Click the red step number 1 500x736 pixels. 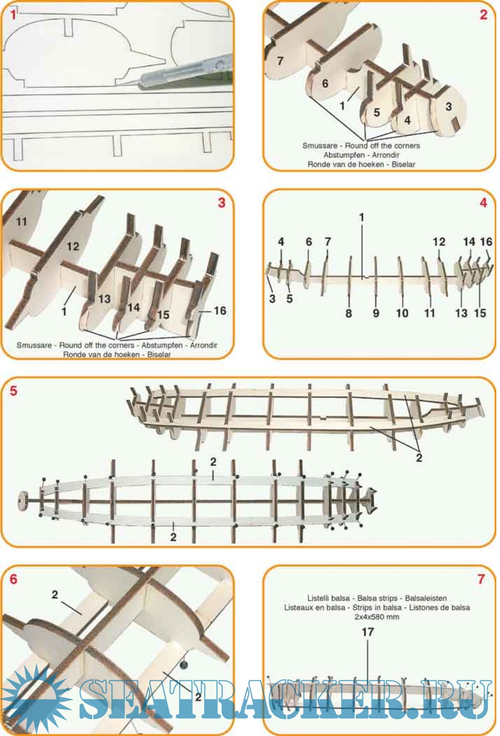pyautogui.click(x=13, y=15)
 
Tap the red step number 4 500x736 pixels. pyautogui.click(x=483, y=203)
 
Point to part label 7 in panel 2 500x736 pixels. pyautogui.click(x=280, y=61)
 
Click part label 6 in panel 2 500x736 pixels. pyautogui.click(x=325, y=83)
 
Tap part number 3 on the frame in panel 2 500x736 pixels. pyautogui.click(x=449, y=107)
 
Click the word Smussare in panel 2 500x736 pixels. pyautogui.click(x=320, y=145)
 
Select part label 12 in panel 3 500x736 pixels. pyautogui.click(x=73, y=246)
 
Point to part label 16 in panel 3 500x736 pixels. pyautogui.click(x=220, y=310)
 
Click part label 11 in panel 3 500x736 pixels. pyautogui.click(x=21, y=222)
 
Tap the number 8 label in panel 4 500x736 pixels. pyautogui.click(x=349, y=313)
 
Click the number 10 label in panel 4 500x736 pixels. pyautogui.click(x=402, y=313)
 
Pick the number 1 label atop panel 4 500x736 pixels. pyautogui.click(x=362, y=217)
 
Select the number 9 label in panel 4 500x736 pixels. pyautogui.click(x=376, y=313)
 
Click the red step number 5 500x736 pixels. pyautogui.click(x=13, y=391)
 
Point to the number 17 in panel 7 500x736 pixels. pyautogui.click(x=368, y=632)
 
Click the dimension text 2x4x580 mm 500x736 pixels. pyautogui.click(x=376, y=616)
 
